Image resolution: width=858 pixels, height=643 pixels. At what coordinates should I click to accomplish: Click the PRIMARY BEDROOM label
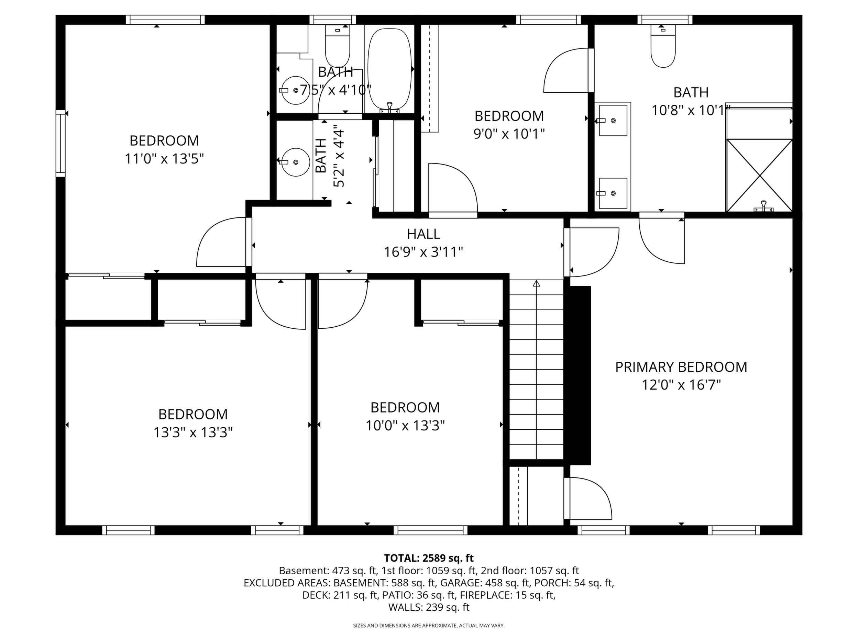pyautogui.click(x=681, y=366)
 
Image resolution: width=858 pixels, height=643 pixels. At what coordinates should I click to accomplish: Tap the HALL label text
pyautogui.click(x=423, y=234)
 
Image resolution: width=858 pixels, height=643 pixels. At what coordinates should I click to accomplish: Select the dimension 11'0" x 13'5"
pyautogui.click(x=164, y=159)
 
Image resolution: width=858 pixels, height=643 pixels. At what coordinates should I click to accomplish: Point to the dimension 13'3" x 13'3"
pyautogui.click(x=193, y=432)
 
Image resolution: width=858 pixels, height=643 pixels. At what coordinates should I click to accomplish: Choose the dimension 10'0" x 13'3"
pyautogui.click(x=405, y=426)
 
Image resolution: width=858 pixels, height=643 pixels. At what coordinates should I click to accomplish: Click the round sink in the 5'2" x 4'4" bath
pyautogui.click(x=295, y=162)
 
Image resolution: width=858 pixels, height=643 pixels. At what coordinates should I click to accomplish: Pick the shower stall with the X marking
pyautogui.click(x=759, y=175)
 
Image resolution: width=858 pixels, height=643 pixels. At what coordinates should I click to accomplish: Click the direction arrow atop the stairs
pyautogui.click(x=537, y=283)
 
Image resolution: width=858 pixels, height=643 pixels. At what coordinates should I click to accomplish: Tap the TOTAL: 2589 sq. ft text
pyautogui.click(x=429, y=558)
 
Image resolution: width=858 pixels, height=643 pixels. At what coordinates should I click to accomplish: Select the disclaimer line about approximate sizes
pyautogui.click(x=429, y=625)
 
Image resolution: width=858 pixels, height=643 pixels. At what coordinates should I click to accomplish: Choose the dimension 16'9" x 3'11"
pyautogui.click(x=423, y=252)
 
